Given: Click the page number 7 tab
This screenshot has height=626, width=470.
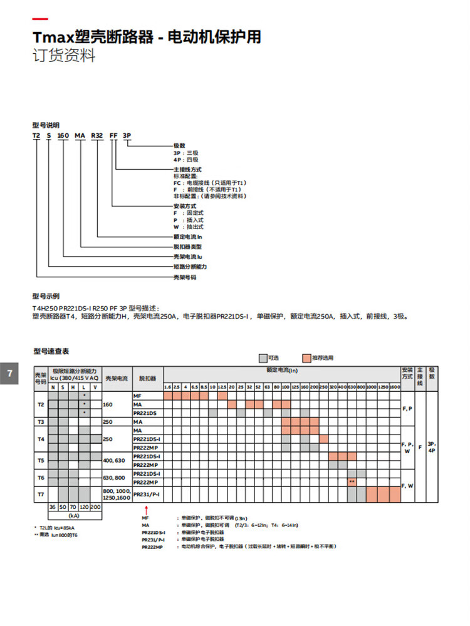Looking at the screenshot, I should (9, 374).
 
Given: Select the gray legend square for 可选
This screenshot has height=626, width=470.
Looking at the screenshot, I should (263, 357).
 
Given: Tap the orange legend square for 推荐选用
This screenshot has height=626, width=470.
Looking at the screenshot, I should (306, 357).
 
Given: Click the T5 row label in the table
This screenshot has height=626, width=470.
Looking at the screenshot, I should (40, 460).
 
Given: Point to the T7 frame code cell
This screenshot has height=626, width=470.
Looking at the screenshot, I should (40, 495).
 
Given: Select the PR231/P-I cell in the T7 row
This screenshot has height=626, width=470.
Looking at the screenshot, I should (147, 495).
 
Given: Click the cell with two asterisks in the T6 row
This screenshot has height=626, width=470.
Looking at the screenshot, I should (352, 482).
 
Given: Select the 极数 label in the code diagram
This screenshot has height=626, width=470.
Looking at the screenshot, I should (179, 145).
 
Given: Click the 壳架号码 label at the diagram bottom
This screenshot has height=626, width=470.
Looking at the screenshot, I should (185, 276).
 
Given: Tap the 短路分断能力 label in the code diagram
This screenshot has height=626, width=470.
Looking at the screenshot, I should (190, 267).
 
